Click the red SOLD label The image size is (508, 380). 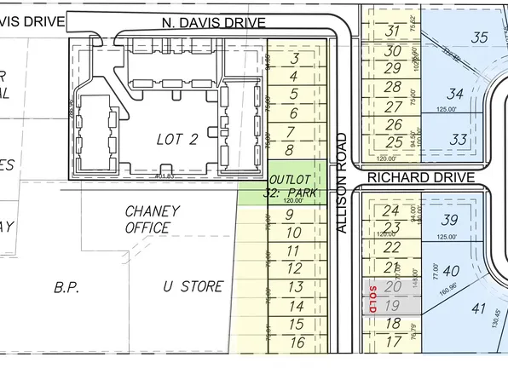pos(373,297)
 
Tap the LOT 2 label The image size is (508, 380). pos(177,139)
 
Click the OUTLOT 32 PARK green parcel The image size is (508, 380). pos(293,187)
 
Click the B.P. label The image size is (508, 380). pos(66,287)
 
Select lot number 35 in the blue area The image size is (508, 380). pos(480,37)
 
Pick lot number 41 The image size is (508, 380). pos(477,310)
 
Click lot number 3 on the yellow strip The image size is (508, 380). pos(295,59)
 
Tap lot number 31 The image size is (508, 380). pos(393,32)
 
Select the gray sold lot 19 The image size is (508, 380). pos(392,306)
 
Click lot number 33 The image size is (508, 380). pos(459,139)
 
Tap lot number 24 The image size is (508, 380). pos(391,210)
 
